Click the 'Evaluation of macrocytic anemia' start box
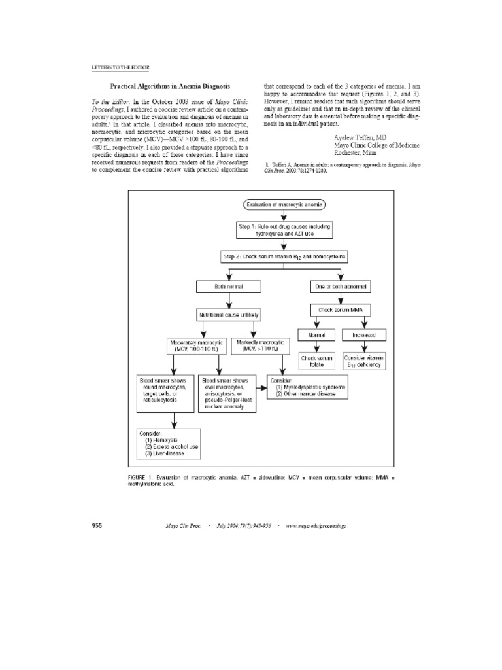[284, 205]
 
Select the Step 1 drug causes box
[284, 230]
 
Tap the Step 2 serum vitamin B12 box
[284, 258]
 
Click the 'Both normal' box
[228, 287]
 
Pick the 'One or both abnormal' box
[341, 287]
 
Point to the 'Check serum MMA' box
[341, 310]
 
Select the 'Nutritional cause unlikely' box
[228, 315]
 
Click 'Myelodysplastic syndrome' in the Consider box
[310, 387]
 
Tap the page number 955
[95, 525]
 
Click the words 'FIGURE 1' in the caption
[141, 478]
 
